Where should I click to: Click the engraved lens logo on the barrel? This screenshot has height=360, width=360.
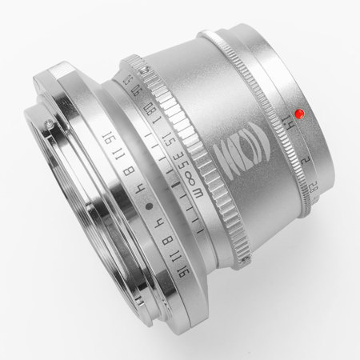239,153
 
